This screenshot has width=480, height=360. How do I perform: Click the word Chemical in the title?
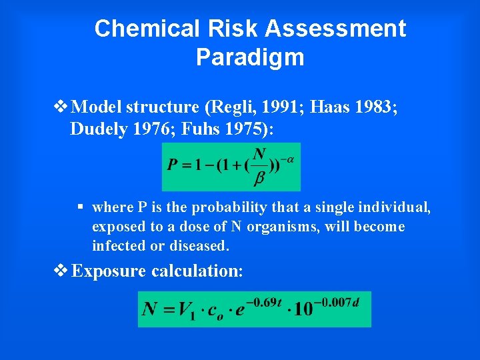(x=138, y=29)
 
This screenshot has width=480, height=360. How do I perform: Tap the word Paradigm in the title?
(x=250, y=57)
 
